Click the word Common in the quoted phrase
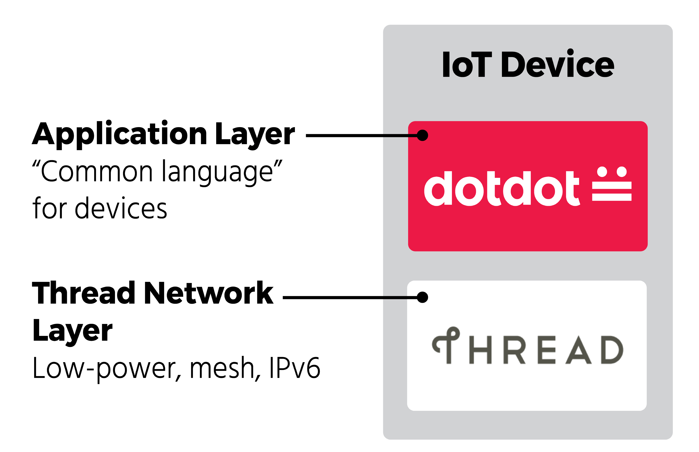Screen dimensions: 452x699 pyautogui.click(x=97, y=172)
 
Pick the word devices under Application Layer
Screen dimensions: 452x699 pyautogui.click(x=121, y=208)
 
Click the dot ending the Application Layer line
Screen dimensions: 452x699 pyautogui.click(x=422, y=135)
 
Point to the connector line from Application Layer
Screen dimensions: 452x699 pyautogui.click(x=360, y=136)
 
